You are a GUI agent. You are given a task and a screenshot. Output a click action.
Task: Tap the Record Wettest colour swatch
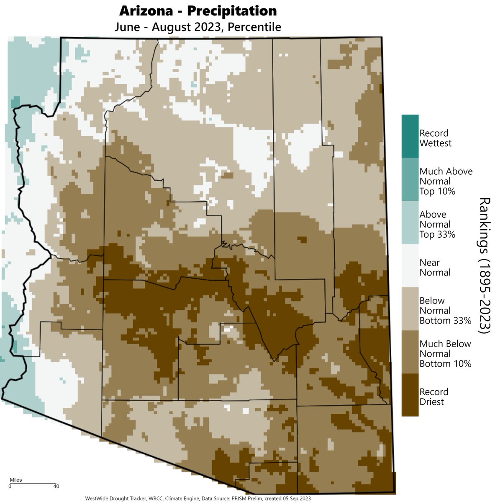410,136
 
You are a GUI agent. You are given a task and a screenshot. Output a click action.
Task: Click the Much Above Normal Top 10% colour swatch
410,179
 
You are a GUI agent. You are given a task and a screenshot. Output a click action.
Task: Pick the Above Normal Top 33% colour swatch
410,223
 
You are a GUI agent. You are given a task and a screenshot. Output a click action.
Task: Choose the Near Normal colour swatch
410,266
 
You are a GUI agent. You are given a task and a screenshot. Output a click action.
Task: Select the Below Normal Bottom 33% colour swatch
410,309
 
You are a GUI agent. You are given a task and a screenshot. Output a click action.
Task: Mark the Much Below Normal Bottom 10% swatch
410,352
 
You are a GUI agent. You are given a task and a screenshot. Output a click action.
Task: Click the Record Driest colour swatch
410,395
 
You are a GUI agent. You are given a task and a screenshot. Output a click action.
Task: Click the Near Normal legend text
435,267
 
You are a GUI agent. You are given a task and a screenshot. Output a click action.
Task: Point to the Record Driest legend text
434,397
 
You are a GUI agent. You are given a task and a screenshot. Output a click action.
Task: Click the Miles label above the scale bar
16,480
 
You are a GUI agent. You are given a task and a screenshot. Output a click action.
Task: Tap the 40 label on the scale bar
56,487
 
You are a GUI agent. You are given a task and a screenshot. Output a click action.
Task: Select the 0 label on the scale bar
10,487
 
